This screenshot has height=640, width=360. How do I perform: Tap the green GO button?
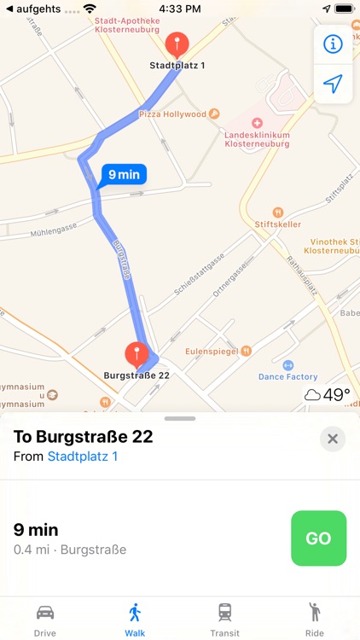(318, 538)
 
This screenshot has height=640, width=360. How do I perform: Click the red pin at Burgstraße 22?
(136, 354)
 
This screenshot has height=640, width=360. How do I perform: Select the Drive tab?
(45, 619)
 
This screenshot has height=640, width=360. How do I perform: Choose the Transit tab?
(224, 619)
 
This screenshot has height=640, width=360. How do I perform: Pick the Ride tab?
(315, 619)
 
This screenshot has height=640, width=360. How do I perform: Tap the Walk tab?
(135, 619)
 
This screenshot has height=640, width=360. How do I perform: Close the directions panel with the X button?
(333, 439)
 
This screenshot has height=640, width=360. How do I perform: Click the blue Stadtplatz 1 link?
(83, 457)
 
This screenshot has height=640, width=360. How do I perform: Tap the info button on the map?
(333, 44)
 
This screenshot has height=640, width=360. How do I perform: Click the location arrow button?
(333, 84)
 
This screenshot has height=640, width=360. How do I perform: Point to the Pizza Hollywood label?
(173, 113)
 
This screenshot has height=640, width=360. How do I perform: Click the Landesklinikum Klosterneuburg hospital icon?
(258, 123)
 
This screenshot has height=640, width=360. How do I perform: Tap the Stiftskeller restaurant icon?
(277, 212)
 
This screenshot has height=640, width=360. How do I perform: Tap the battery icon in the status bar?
(344, 8)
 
